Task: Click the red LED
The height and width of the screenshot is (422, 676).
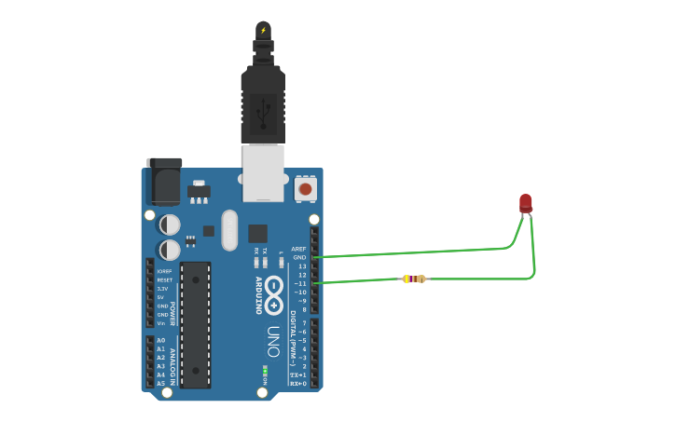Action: pyautogui.click(x=526, y=202)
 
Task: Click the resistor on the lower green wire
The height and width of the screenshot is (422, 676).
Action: pyautogui.click(x=414, y=279)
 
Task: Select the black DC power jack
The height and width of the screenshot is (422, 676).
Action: pyautogui.click(x=164, y=182)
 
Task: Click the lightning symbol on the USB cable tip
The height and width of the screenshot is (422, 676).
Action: pyautogui.click(x=263, y=31)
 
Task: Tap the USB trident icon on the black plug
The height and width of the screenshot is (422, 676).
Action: pyautogui.click(x=263, y=112)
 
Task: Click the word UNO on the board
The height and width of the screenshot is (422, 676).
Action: pyautogui.click(x=273, y=341)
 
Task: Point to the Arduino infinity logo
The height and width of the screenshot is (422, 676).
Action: pyautogui.click(x=273, y=295)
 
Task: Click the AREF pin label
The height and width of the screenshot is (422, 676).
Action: pyautogui.click(x=298, y=249)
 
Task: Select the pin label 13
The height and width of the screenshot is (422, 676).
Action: pyautogui.click(x=302, y=266)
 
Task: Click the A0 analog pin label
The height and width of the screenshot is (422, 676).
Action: pyautogui.click(x=161, y=340)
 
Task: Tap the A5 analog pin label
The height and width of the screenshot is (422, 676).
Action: pyautogui.click(x=161, y=383)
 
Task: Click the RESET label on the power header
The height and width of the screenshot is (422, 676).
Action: pyautogui.click(x=164, y=279)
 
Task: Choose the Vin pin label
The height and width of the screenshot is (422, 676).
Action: pyautogui.click(x=161, y=323)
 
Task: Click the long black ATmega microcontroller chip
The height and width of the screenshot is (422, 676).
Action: pyautogui.click(x=196, y=324)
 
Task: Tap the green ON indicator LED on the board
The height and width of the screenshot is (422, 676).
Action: pyautogui.click(x=265, y=370)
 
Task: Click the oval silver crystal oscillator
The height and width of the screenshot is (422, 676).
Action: pyautogui.click(x=229, y=230)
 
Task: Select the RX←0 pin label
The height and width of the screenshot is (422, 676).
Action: pyautogui.click(x=298, y=383)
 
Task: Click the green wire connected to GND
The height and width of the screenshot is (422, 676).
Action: pyautogui.click(x=420, y=252)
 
